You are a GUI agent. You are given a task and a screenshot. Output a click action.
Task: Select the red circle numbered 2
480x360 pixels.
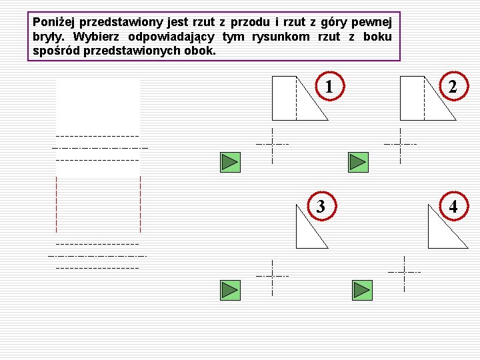pyautogui.click(x=453, y=87)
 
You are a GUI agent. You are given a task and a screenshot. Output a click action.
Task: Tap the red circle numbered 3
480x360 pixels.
pyautogui.click(x=321, y=206)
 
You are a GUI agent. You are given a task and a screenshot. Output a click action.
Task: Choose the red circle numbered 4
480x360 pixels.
pyautogui.click(x=453, y=206)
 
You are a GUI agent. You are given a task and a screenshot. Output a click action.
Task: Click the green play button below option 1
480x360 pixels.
pyautogui.click(x=229, y=161)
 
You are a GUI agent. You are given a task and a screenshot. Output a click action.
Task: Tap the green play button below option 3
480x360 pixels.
pyautogui.click(x=229, y=289)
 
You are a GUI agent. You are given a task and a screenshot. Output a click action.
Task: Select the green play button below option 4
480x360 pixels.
pyautogui.click(x=361, y=289)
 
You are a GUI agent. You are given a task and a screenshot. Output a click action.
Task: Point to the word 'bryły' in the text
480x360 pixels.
pyautogui.click(x=46, y=36)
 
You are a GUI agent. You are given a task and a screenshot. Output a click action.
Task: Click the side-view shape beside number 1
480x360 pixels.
pyautogui.click(x=296, y=99)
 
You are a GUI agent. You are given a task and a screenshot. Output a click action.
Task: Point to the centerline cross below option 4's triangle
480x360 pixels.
pyautogui.click(x=405, y=272)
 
